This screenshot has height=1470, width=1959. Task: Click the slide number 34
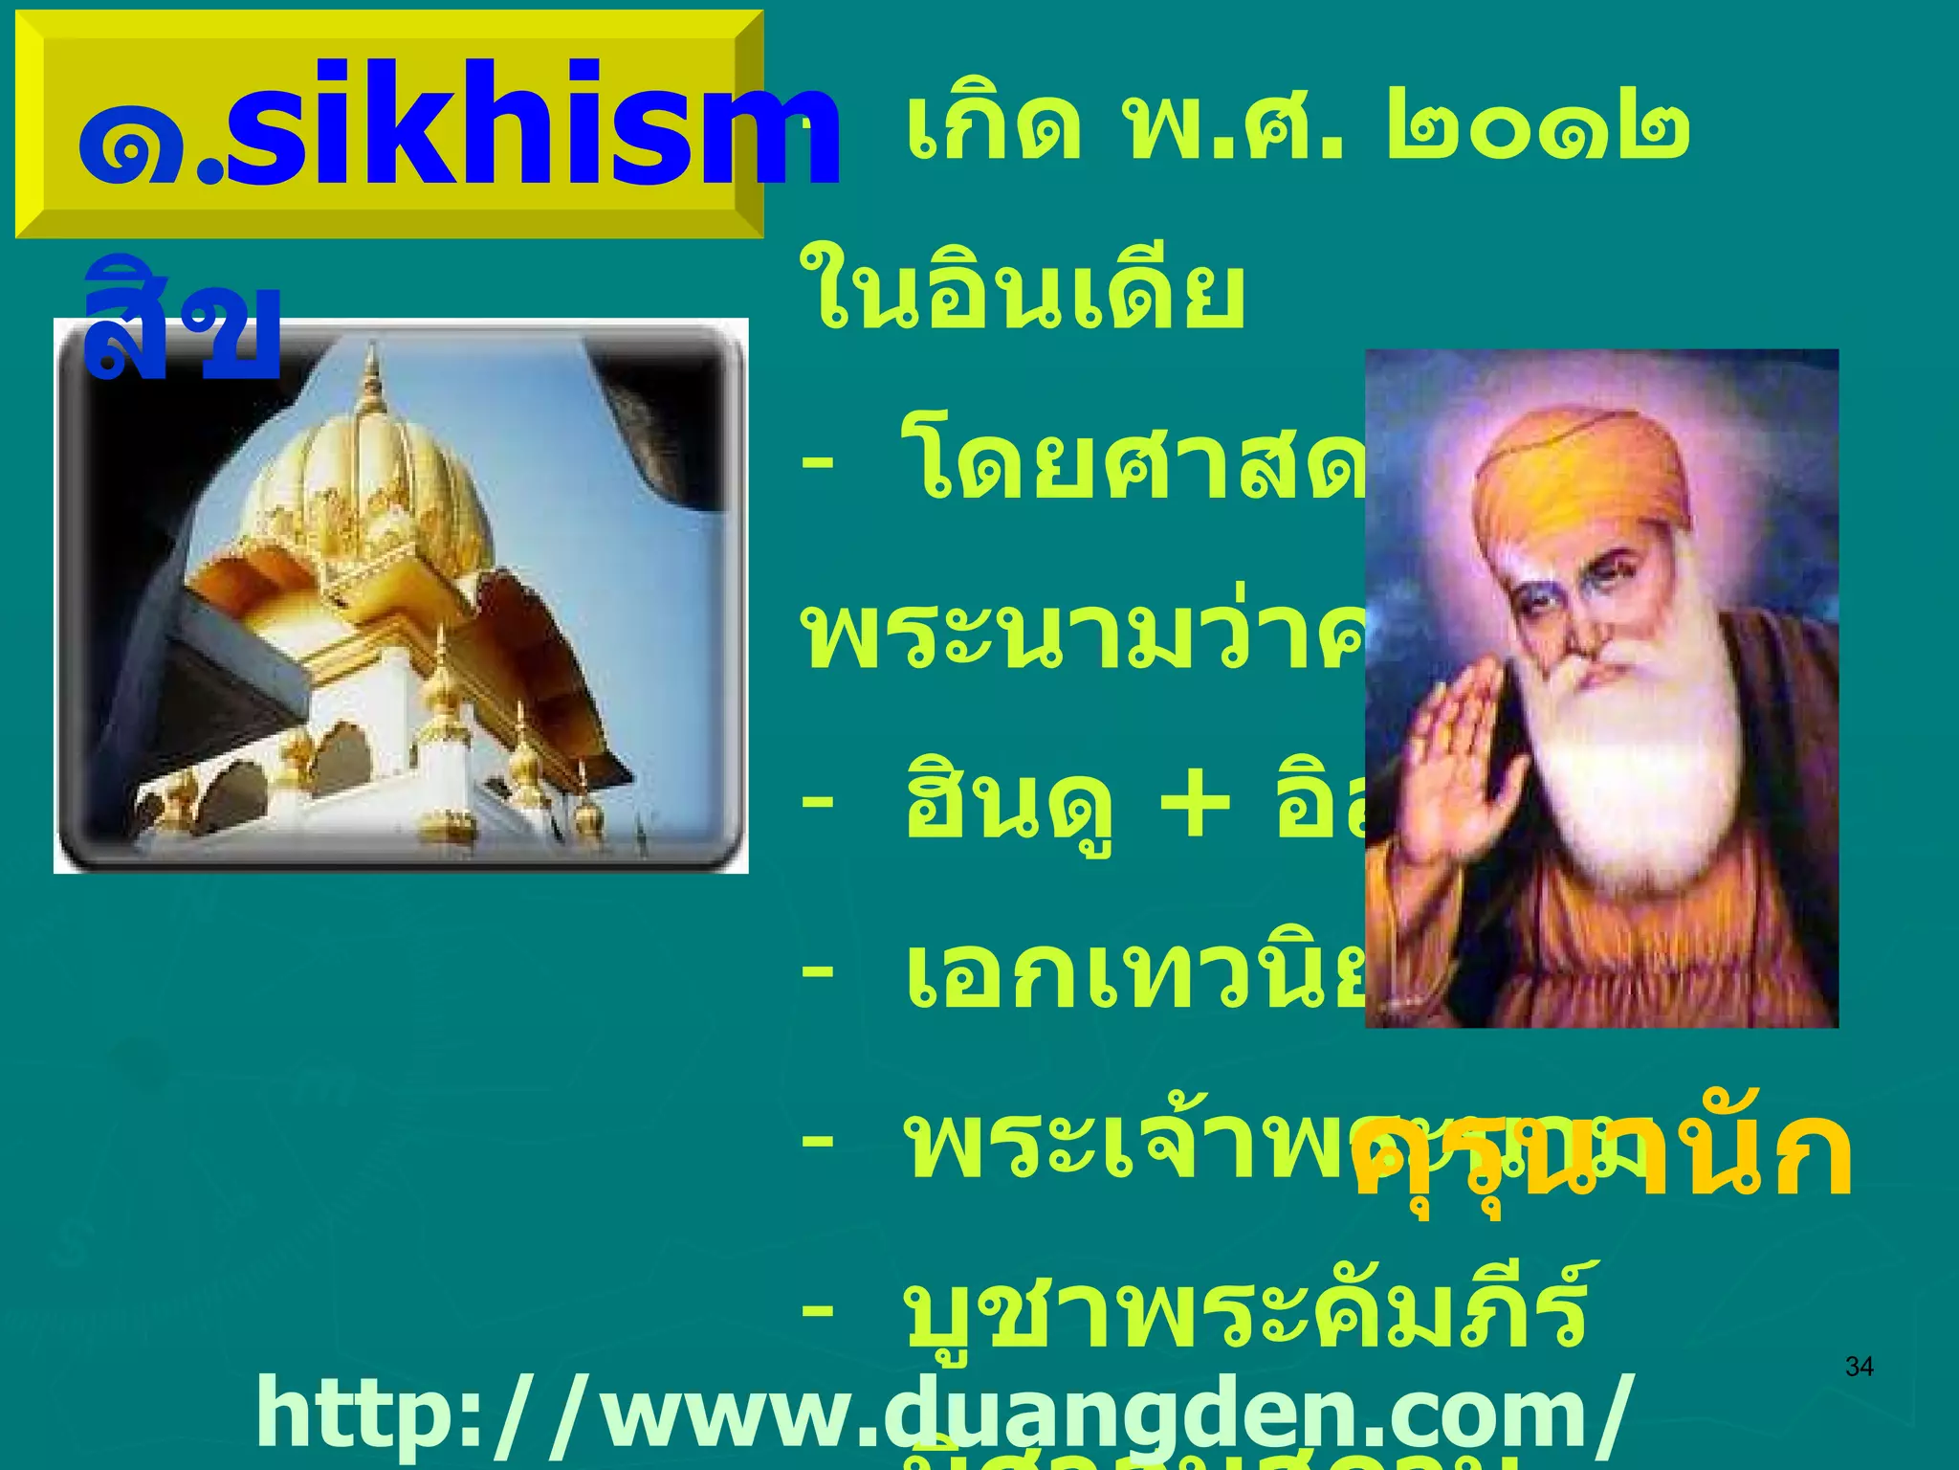1859,1367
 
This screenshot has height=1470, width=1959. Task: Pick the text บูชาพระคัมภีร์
1244,1311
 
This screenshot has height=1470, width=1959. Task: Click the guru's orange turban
1578,479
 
